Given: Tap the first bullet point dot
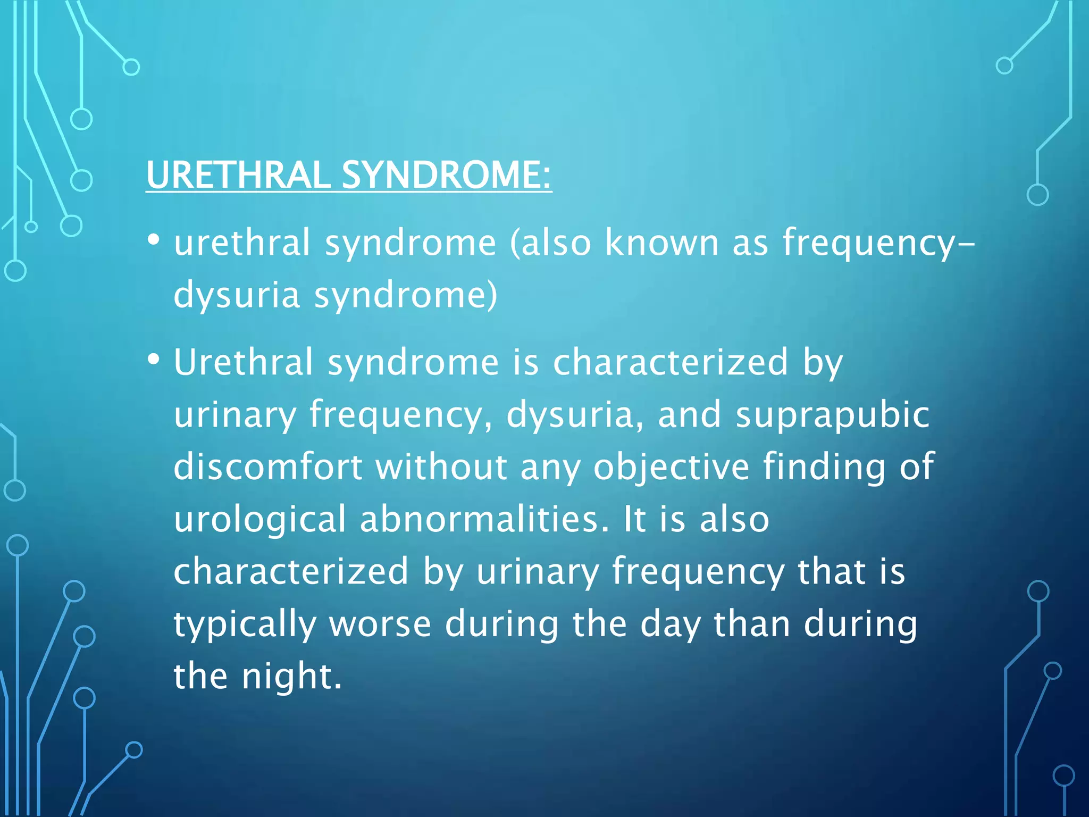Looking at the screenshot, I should pyautogui.click(x=154, y=240).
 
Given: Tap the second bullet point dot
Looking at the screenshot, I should pyautogui.click(x=154, y=360).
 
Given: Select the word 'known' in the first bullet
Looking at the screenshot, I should pyautogui.click(x=662, y=243).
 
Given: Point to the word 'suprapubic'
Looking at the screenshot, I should pyautogui.click(x=833, y=415).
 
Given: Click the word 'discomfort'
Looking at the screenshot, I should pyautogui.click(x=267, y=466).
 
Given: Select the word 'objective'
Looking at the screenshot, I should pyautogui.click(x=671, y=466).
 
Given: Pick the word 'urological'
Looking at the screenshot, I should pyautogui.click(x=260, y=519).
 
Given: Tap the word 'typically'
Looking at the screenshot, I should pyautogui.click(x=245, y=624).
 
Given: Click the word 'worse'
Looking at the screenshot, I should pyautogui.click(x=380, y=624).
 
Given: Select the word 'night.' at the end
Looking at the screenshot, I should pyautogui.click(x=292, y=677).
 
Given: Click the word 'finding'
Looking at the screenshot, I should pyautogui.click(x=824, y=466).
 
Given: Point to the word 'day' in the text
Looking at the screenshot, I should pyautogui.click(x=670, y=624).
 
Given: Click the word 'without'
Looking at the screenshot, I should pyautogui.click(x=441, y=466).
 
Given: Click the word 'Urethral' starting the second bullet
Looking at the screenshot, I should pyautogui.click(x=244, y=362).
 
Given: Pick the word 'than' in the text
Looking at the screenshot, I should pyautogui.click(x=751, y=624).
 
